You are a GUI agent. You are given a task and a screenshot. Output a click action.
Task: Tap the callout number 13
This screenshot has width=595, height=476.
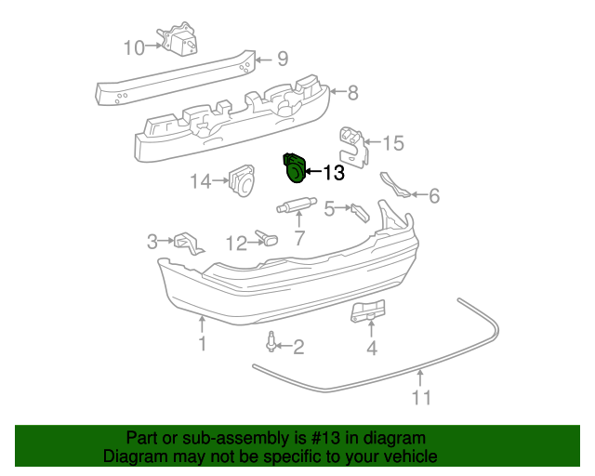point(333,173)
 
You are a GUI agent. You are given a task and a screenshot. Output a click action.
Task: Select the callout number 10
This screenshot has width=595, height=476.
point(134,46)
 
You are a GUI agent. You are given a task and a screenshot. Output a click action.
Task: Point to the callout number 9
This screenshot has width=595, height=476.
point(282,60)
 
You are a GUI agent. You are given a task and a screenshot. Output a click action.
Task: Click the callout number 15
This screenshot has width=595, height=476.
point(393,143)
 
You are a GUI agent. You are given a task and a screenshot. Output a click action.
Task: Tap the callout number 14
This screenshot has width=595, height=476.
point(202,182)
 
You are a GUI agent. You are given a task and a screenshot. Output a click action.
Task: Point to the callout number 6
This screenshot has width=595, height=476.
point(433,196)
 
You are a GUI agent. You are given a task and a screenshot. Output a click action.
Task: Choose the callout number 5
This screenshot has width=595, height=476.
point(329,210)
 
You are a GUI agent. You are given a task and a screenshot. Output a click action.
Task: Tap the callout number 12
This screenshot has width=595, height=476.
point(237,244)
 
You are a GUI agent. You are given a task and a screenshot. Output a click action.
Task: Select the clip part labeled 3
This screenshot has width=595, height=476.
point(189,243)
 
